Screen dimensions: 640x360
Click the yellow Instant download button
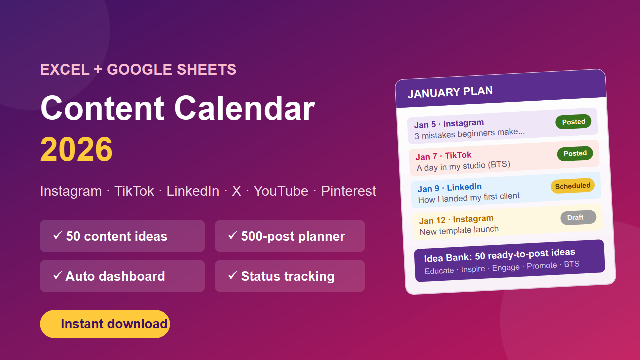click(105, 324)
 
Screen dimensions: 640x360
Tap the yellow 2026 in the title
click(76, 149)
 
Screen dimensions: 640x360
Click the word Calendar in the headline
click(244, 108)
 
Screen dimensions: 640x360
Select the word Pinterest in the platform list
click(348, 191)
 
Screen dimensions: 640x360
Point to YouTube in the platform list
click(281, 191)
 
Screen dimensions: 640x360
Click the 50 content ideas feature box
click(122, 236)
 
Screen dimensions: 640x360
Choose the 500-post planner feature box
click(290, 236)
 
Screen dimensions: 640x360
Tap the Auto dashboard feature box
click(122, 276)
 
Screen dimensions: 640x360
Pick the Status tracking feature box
click(290, 276)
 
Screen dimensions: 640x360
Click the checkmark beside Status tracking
click(233, 275)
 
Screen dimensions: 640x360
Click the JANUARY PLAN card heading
click(450, 92)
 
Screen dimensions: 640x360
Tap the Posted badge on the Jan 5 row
click(573, 122)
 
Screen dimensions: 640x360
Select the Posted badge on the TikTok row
click(575, 153)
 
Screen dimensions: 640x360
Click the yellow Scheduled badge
click(573, 186)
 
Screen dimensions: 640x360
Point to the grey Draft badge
click(578, 217)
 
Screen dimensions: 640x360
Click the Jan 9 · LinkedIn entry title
click(450, 188)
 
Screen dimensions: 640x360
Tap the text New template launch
click(459, 230)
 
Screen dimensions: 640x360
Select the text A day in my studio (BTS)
click(463, 166)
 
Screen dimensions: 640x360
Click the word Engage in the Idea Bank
click(506, 268)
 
